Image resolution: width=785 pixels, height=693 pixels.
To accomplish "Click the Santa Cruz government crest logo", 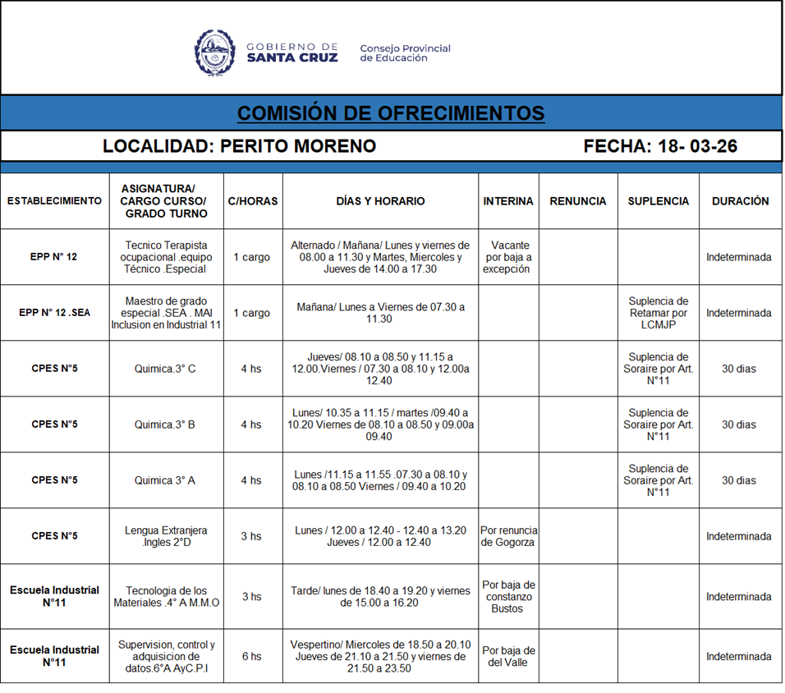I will (x=215, y=53).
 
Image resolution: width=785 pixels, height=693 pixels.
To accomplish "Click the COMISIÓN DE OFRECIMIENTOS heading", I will (x=391, y=112).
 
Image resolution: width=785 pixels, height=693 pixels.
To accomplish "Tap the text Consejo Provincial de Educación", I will (x=405, y=53).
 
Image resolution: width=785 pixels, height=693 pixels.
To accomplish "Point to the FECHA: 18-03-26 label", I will (x=660, y=146).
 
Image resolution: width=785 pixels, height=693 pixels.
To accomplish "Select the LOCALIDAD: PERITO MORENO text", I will (x=239, y=146).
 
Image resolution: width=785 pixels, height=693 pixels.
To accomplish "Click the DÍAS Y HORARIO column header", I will (x=380, y=201).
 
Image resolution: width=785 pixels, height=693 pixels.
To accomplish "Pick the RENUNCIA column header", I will (x=577, y=201).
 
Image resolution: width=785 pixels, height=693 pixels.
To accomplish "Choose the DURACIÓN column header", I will (x=740, y=201).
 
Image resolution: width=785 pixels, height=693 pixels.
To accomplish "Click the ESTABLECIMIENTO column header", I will (x=54, y=201).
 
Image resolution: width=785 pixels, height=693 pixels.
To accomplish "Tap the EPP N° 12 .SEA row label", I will (x=54, y=313).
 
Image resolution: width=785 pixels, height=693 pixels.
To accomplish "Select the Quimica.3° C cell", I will (x=165, y=369).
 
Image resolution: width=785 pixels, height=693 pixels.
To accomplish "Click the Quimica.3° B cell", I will (x=165, y=425).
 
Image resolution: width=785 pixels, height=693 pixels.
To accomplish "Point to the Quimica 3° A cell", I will (x=165, y=480).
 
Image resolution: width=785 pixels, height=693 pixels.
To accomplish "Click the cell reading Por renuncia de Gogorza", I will (x=507, y=536).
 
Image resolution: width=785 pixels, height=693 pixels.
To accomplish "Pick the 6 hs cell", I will (x=251, y=656).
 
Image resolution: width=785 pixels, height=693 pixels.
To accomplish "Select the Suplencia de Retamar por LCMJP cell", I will (x=658, y=313).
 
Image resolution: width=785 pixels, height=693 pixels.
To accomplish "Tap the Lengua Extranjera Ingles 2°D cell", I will (x=166, y=536).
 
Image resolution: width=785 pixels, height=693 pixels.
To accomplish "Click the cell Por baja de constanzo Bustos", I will (x=507, y=597).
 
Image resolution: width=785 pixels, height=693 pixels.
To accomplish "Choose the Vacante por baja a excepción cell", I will (x=508, y=257).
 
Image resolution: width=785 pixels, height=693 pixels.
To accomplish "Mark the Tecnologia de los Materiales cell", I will (x=166, y=597).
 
